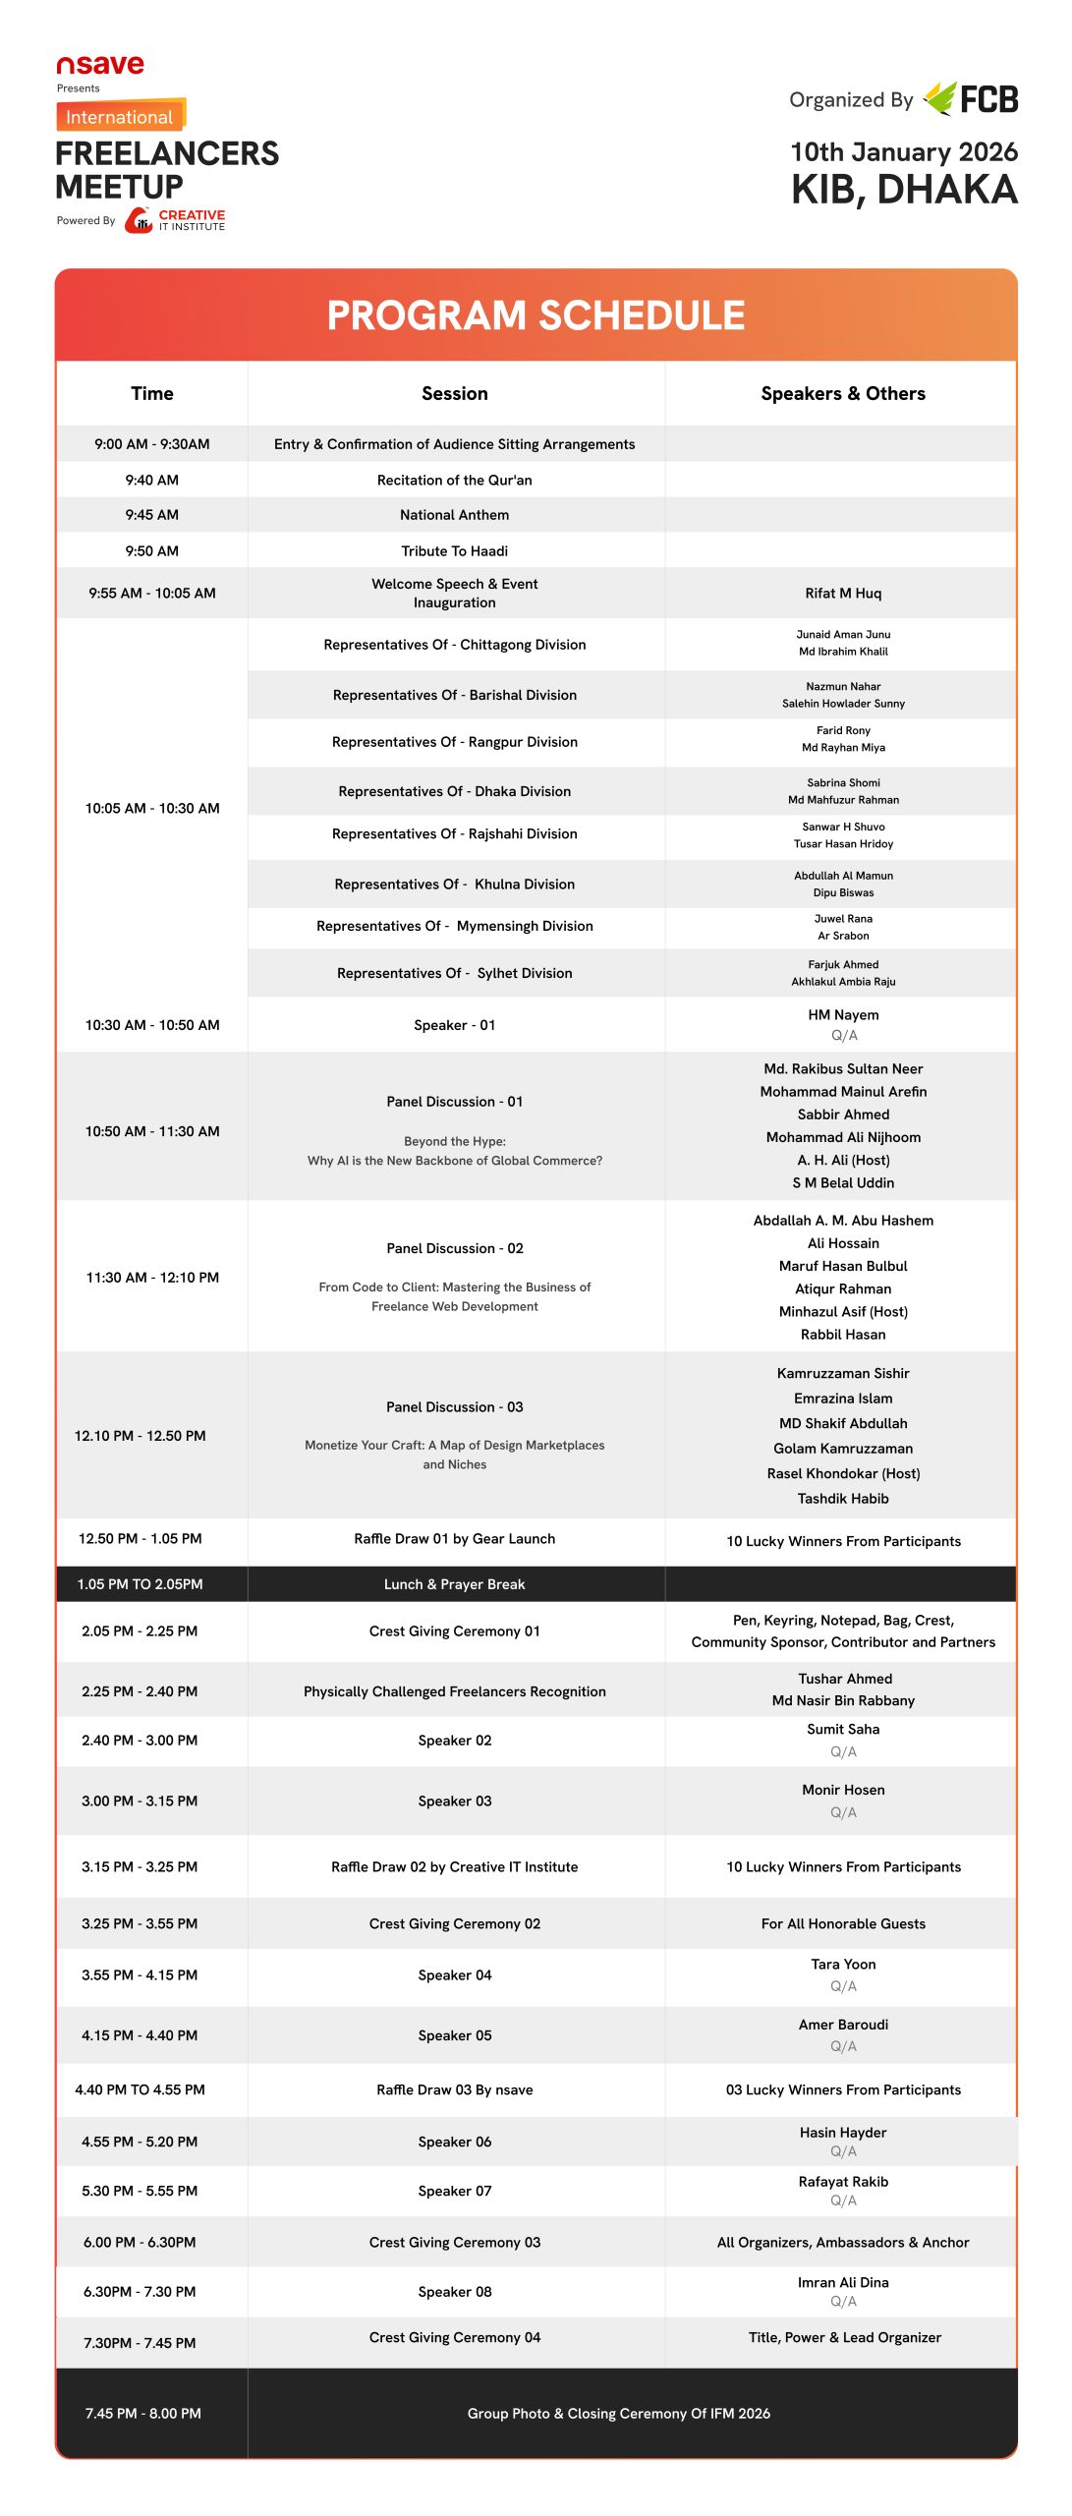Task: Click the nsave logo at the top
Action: (x=100, y=66)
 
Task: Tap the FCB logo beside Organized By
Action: (x=972, y=98)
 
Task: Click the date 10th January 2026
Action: (x=903, y=152)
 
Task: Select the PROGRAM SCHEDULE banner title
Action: (x=536, y=315)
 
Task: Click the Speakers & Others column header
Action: (x=842, y=393)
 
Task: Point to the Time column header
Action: (x=151, y=393)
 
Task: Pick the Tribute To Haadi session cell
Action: (x=454, y=550)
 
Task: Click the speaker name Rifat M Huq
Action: (x=842, y=593)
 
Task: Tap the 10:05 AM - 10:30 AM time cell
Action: (x=151, y=808)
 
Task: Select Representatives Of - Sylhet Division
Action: (x=454, y=973)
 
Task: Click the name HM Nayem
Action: (x=842, y=1014)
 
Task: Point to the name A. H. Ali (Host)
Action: (x=842, y=1160)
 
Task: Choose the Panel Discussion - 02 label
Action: (x=454, y=1248)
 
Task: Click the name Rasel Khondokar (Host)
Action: (x=842, y=1473)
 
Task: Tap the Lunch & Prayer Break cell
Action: (x=454, y=1584)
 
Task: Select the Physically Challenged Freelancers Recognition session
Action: (x=454, y=1691)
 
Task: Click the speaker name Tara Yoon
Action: (x=842, y=1964)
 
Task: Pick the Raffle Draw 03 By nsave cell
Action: (x=454, y=2089)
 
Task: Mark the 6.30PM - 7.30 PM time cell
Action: (x=140, y=2291)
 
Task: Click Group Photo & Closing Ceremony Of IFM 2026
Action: (x=618, y=2413)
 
